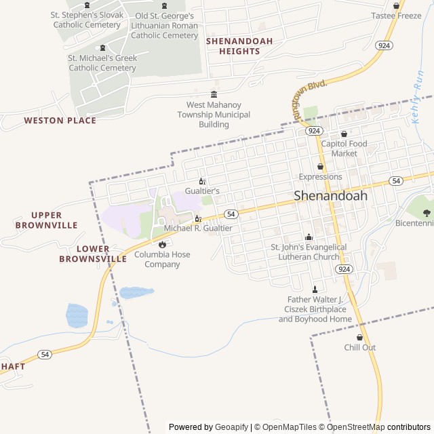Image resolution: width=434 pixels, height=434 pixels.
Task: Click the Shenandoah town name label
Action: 330,195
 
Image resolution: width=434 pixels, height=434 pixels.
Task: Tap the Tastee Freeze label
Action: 396,16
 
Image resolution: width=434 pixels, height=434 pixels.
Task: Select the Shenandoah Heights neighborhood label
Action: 239,46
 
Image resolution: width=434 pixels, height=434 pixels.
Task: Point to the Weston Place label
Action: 60,121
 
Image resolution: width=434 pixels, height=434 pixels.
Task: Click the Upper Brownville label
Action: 46,220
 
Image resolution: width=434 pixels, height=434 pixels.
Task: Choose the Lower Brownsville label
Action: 93,254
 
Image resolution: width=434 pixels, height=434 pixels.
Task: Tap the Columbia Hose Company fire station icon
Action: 162,244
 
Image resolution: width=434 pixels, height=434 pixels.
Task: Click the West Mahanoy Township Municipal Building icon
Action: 214,94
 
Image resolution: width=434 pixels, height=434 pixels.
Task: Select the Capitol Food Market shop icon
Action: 344,134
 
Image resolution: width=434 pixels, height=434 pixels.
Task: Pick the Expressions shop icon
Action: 321,166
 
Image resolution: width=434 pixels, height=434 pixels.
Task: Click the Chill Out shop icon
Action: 359,337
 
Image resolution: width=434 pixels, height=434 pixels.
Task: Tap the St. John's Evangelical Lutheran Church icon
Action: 309,237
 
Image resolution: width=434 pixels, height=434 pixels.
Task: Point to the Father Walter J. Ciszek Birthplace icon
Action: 315,289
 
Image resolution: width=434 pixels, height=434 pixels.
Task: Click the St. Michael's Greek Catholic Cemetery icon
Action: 102,47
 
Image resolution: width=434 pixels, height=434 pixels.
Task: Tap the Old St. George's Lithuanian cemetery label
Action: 164,25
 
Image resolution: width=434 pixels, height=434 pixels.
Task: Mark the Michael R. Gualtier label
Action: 198,229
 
